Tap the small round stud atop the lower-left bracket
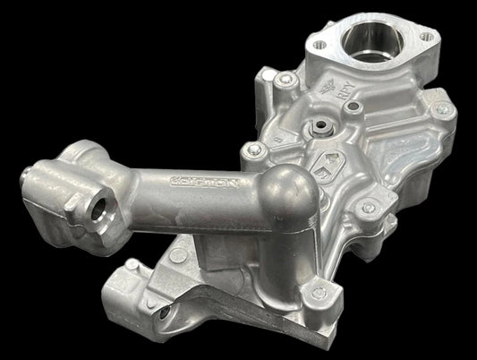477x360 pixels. [132, 266]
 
